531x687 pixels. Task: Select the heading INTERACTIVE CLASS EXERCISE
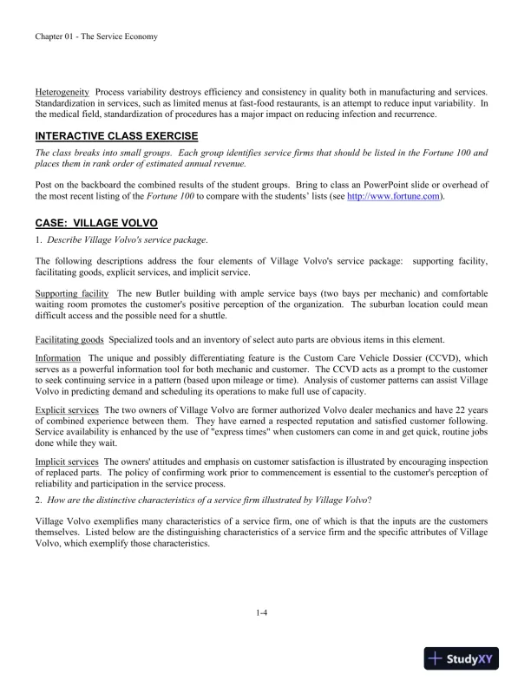pyautogui.click(x=116, y=136)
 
